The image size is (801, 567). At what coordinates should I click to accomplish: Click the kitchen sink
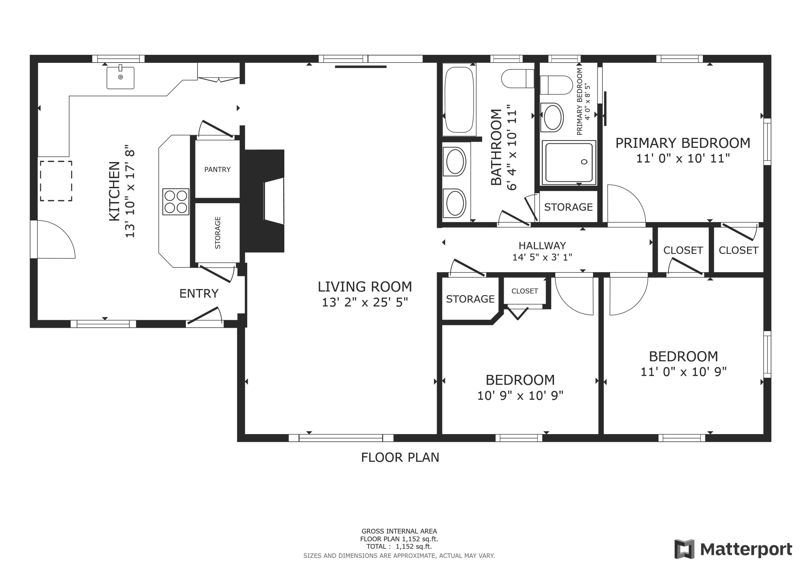coord(120,78)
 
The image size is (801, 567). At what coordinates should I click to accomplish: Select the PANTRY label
coord(217,169)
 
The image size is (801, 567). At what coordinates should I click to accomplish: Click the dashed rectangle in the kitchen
coord(56,181)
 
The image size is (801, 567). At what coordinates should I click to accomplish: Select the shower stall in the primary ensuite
coord(569,163)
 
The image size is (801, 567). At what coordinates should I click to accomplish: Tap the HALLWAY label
coord(542,246)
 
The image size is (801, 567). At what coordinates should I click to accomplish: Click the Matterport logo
coord(733,549)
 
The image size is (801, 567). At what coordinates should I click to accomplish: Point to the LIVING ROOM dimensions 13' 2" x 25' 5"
coord(364,302)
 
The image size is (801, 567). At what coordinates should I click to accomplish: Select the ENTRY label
coord(199,294)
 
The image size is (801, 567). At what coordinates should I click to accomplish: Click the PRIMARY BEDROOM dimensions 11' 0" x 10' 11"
coord(683,158)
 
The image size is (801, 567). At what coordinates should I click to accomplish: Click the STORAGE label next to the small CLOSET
coord(470,299)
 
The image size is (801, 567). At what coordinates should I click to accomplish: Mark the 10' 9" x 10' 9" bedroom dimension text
coord(520,395)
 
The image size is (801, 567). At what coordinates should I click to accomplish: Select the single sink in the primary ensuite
coord(552,117)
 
